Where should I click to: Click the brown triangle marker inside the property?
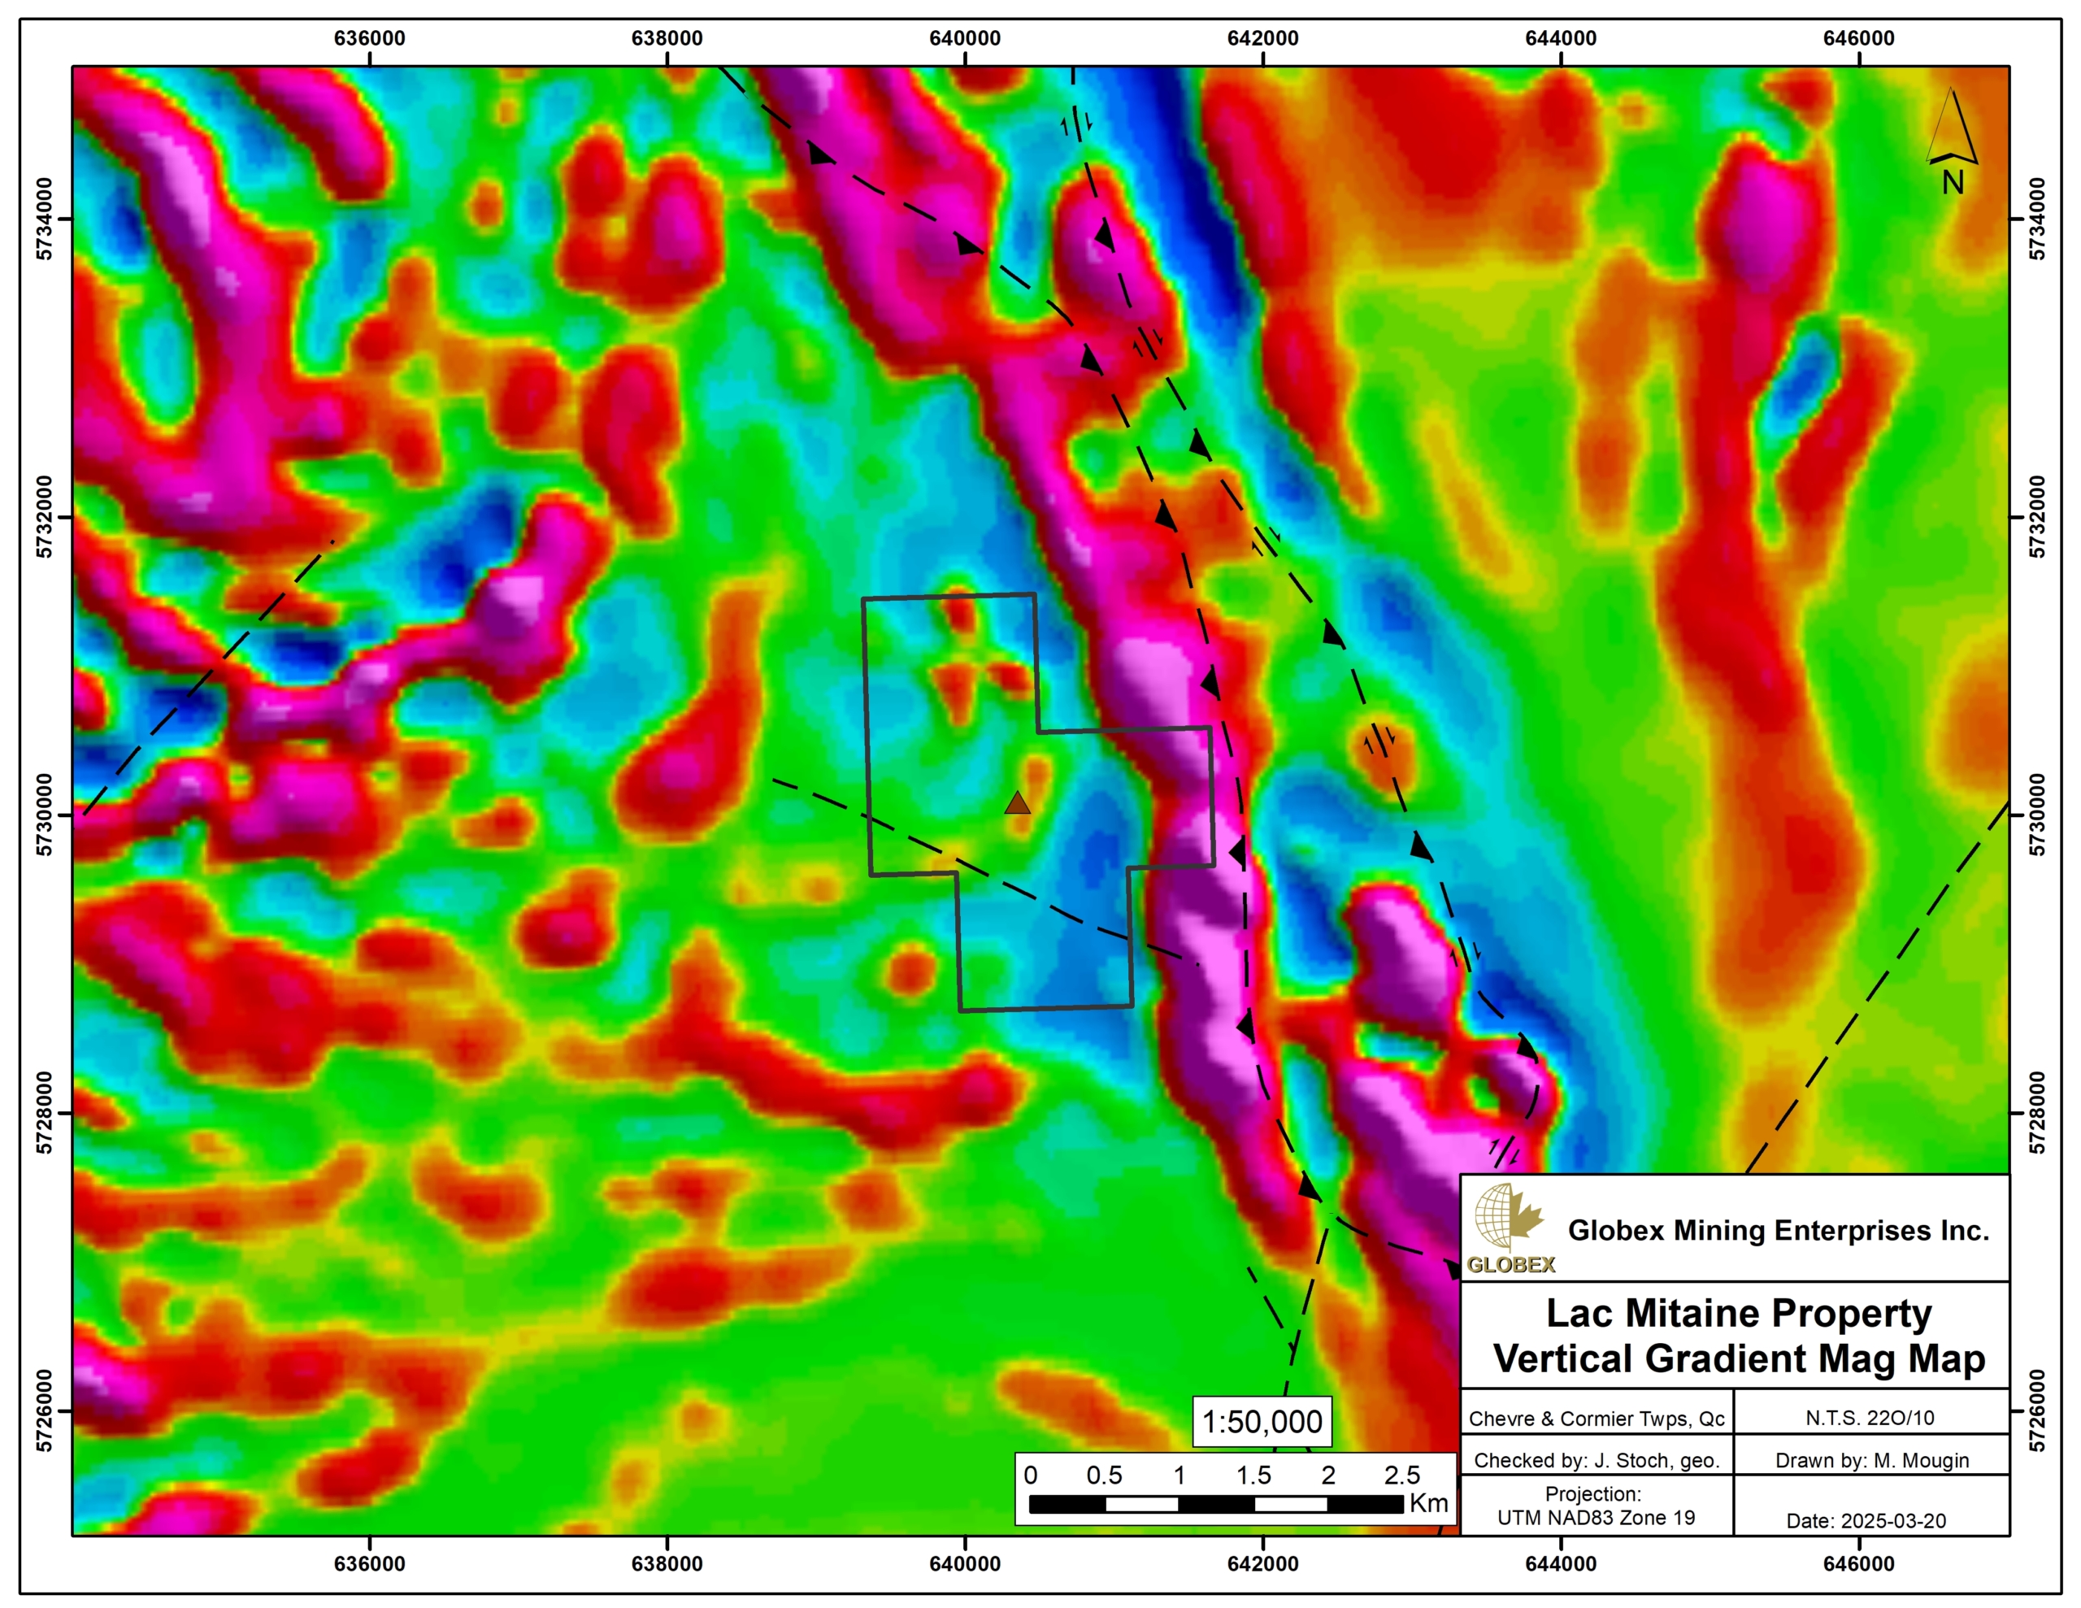tap(1018, 802)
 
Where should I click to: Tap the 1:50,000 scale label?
tap(1262, 1422)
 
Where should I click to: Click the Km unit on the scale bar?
tap(1428, 1503)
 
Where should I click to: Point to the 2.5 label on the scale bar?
tap(1401, 1475)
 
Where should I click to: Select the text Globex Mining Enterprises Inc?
tap(1778, 1231)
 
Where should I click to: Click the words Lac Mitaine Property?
tap(1738, 1314)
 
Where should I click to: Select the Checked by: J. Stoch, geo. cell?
tap(1596, 1460)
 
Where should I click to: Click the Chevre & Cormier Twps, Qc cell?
tap(1596, 1419)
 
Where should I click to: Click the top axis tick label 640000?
tap(964, 38)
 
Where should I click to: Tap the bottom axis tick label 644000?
tap(1561, 1564)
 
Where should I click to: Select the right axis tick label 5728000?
tap(2036, 1112)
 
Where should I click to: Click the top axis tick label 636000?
tap(369, 38)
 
